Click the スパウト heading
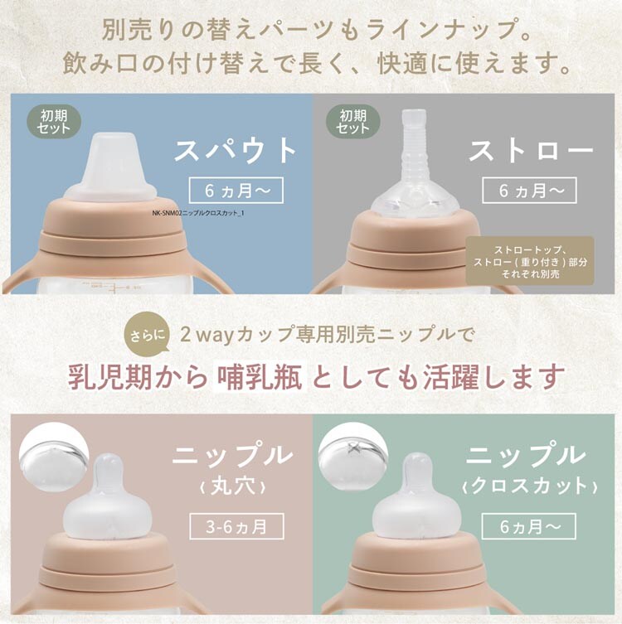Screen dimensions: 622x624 (x=236, y=150)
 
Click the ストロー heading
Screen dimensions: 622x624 (x=531, y=150)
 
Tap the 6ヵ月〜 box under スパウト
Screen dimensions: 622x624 (x=236, y=191)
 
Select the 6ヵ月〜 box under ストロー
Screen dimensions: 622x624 (x=529, y=191)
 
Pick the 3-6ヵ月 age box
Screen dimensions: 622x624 (x=236, y=526)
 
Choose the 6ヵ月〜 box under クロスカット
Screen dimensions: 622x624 (x=529, y=526)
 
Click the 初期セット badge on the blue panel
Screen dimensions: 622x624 (x=54, y=122)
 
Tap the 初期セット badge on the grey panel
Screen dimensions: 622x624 (x=352, y=122)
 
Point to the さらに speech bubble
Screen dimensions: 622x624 (x=147, y=332)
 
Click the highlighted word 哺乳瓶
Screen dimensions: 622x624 (x=260, y=376)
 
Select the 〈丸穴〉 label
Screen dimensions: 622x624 (x=232, y=486)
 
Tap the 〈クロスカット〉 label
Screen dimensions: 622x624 (x=530, y=486)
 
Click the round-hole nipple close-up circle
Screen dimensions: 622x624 (x=53, y=457)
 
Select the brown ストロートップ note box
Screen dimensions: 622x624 (x=530, y=261)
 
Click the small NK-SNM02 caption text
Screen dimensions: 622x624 (x=198, y=213)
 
